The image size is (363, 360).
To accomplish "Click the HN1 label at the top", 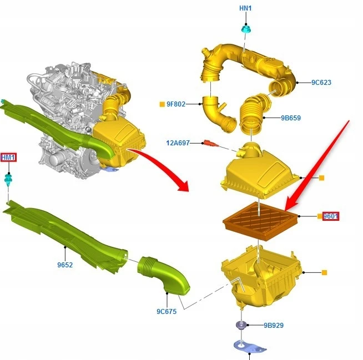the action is [x=245, y=8].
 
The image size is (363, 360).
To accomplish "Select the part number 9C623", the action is [x=321, y=82].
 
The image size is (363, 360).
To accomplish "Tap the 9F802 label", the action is [x=176, y=104].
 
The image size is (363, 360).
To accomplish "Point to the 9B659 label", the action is [x=291, y=118].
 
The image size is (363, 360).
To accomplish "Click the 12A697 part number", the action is [x=178, y=143].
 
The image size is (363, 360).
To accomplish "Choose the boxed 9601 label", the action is [x=331, y=216].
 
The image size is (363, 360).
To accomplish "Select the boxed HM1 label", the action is [x=8, y=158].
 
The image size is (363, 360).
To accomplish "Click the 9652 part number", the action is [x=65, y=265].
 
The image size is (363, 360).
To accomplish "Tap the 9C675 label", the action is [x=167, y=311].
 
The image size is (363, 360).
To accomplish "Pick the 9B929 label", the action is [x=274, y=325].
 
